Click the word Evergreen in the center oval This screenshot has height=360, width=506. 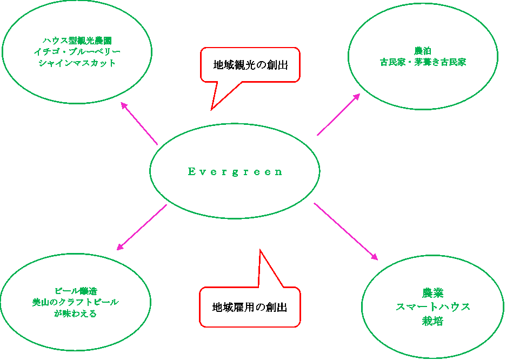tap(235, 172)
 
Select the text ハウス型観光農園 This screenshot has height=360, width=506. tap(77, 41)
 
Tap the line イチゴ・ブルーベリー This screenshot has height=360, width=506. tap(77, 51)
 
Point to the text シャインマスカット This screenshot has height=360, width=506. tap(77, 63)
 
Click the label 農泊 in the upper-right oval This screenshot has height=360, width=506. tap(423, 51)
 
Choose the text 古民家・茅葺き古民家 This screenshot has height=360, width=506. tap(423, 62)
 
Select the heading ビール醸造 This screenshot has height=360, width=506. tap(76, 291)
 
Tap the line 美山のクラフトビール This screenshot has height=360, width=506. tap(76, 302)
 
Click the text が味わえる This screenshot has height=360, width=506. tap(76, 313)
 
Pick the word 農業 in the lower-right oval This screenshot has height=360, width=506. tap(432, 294)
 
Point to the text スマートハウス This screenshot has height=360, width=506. tap(432, 307)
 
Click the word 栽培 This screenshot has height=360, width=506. tap(432, 321)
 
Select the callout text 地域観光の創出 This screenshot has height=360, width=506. tap(250, 65)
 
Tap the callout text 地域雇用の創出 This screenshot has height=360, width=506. tap(250, 307)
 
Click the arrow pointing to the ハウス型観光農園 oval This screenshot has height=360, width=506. tap(139, 123)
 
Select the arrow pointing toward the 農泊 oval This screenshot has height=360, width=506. tap(338, 114)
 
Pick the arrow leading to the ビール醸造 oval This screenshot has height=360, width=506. tap(142, 228)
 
